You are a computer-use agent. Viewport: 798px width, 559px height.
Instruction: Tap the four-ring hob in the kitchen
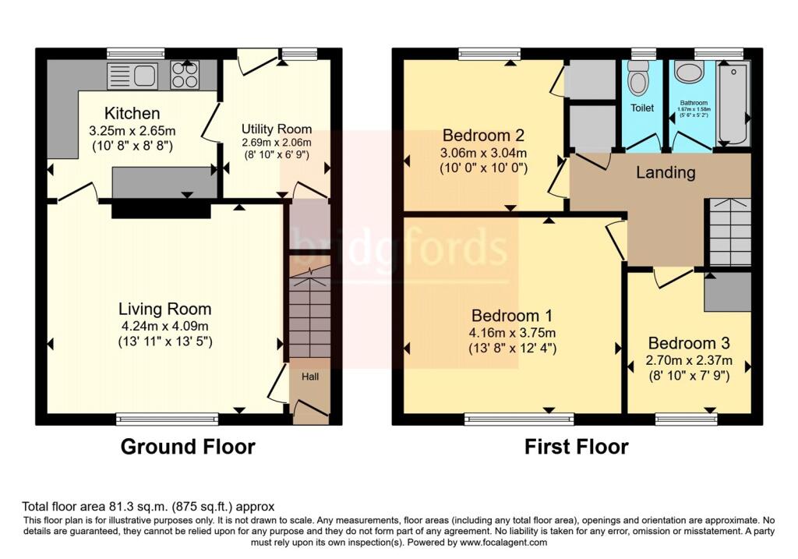pyautogui.click(x=184, y=76)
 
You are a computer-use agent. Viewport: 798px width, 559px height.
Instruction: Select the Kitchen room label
pyautogui.click(x=132, y=114)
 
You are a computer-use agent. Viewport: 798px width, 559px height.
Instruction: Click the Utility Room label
pyautogui.click(x=276, y=129)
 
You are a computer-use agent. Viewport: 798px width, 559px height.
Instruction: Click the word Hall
pyautogui.click(x=310, y=377)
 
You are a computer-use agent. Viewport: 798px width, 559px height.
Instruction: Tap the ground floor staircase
pyautogui.click(x=310, y=312)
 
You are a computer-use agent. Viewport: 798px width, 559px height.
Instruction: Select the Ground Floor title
pyautogui.click(x=187, y=447)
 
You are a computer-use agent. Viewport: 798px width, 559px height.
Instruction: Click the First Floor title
pyautogui.click(x=576, y=447)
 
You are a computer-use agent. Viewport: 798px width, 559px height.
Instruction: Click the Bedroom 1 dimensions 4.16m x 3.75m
pyautogui.click(x=512, y=333)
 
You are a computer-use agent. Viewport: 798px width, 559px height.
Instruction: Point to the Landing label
pyautogui.click(x=666, y=172)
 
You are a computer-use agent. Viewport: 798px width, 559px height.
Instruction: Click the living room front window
pyautogui.click(x=168, y=419)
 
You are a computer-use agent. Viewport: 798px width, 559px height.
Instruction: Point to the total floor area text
pyautogui.click(x=148, y=506)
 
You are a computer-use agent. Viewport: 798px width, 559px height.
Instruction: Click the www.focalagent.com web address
pyautogui.click(x=503, y=542)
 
